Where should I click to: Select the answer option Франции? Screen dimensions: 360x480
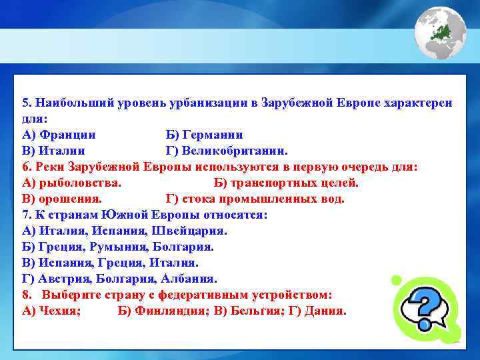(67, 135)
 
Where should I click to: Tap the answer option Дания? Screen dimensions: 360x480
(325, 311)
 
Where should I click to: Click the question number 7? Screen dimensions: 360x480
(25, 215)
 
